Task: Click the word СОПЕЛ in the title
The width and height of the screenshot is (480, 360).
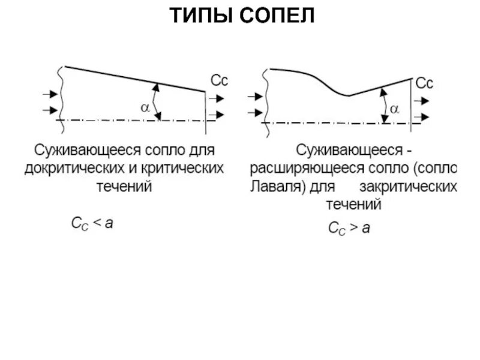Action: click(x=278, y=16)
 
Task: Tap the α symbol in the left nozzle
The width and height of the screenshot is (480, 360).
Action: click(x=145, y=107)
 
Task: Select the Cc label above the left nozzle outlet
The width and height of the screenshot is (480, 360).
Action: click(x=219, y=80)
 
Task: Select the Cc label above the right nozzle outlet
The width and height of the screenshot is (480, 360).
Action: click(x=424, y=82)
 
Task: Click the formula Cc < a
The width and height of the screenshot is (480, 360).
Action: click(x=92, y=224)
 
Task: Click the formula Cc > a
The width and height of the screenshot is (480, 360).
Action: click(x=349, y=228)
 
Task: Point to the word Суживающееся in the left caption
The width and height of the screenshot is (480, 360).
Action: click(x=79, y=148)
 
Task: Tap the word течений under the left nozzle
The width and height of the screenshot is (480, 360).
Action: click(x=124, y=187)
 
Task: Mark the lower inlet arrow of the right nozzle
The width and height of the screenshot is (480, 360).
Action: click(x=255, y=112)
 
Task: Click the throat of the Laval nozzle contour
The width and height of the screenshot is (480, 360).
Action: click(x=347, y=95)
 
